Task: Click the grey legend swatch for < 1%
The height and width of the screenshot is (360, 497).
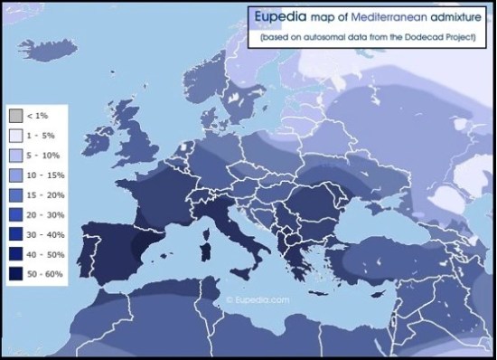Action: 14,116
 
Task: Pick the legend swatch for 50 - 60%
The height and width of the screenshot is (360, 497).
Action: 14,270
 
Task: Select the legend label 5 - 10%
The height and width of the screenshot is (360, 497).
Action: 42,154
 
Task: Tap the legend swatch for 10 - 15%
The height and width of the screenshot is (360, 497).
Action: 14,174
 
